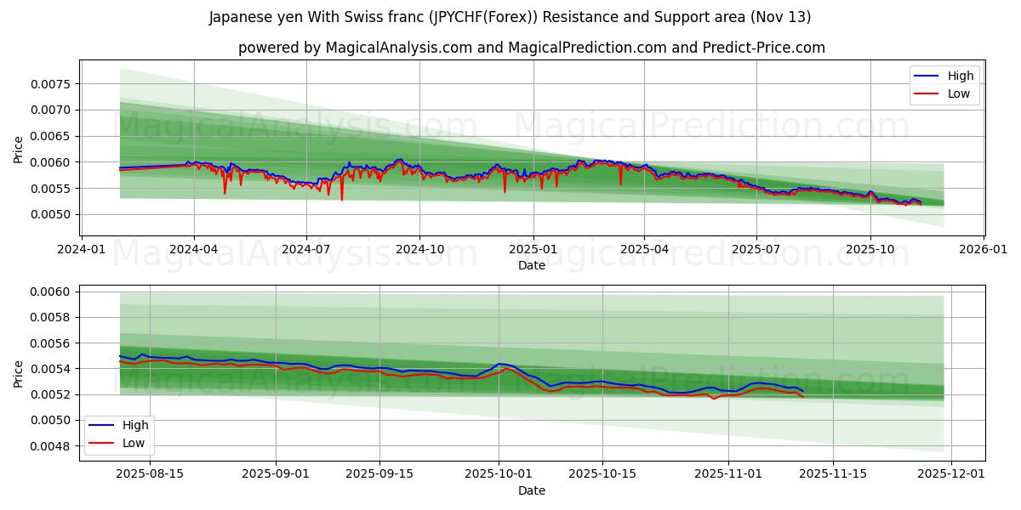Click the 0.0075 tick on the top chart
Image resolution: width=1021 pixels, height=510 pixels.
pyautogui.click(x=52, y=84)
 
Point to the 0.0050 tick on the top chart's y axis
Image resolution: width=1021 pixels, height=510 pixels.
pyautogui.click(x=52, y=214)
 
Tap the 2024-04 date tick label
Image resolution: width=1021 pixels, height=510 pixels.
pyautogui.click(x=193, y=249)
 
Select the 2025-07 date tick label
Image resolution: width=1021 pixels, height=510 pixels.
pyautogui.click(x=756, y=249)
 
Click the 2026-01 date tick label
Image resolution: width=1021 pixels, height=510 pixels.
pyautogui.click(x=984, y=249)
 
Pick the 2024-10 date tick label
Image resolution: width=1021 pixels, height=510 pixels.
pyautogui.click(x=420, y=249)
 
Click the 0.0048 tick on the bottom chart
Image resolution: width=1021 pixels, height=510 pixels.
pyautogui.click(x=52, y=446)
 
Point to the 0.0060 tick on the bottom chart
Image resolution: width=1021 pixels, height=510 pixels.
pyautogui.click(x=52, y=292)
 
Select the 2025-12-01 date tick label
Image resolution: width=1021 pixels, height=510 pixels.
pyautogui.click(x=952, y=474)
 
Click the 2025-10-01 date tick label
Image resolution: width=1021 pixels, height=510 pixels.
pyautogui.click(x=499, y=474)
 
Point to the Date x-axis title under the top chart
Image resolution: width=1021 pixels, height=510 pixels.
pyautogui.click(x=532, y=265)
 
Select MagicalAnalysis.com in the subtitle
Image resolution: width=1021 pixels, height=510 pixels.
pyautogui.click(x=399, y=48)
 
